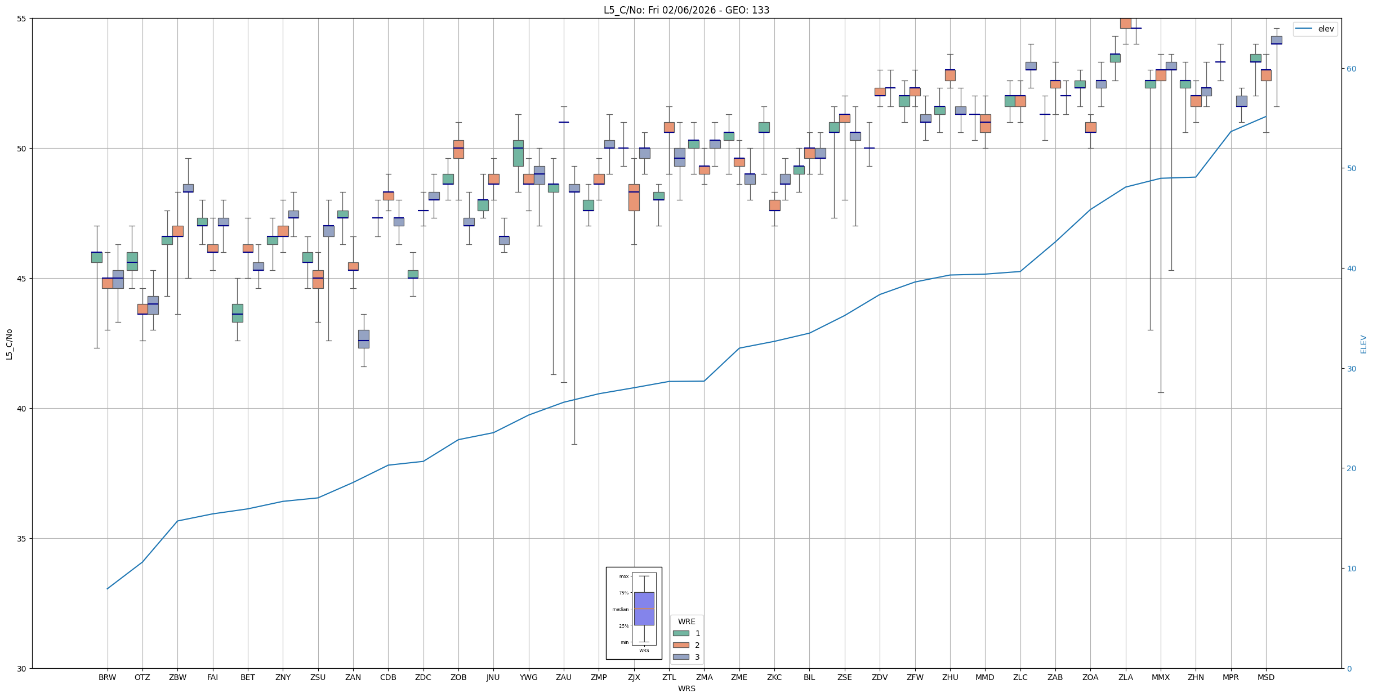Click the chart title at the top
[x=686, y=10]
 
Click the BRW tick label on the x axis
[x=107, y=677]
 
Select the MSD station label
[x=1265, y=677]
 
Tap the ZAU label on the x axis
[x=563, y=677]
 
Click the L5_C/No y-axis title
[x=9, y=344]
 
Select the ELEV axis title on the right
[x=1363, y=344]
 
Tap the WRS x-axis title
[x=686, y=688]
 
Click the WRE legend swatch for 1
[x=681, y=633]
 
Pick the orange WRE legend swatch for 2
[x=681, y=645]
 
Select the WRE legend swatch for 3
[x=681, y=657]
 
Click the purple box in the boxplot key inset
[x=644, y=608]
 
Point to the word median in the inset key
[x=620, y=609]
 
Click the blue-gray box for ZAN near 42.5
[x=364, y=339]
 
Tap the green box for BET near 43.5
[x=238, y=313]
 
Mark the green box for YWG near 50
[x=518, y=153]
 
